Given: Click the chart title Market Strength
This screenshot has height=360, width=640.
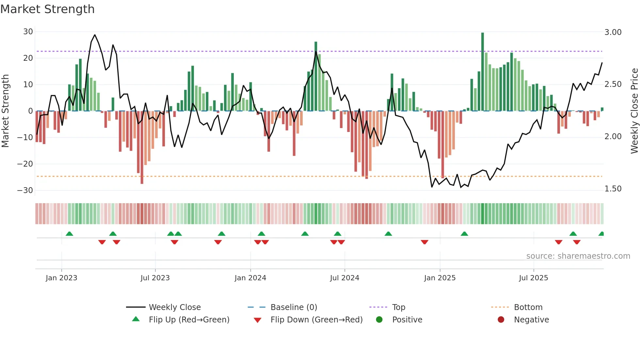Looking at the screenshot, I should coord(47,9).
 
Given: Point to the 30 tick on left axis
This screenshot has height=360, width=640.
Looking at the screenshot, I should coord(28,32).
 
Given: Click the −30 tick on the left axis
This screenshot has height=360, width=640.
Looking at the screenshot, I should coord(25,190).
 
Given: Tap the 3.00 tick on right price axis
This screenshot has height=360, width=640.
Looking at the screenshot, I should coord(613,32).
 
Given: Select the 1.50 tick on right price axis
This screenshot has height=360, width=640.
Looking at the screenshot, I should coord(613,189).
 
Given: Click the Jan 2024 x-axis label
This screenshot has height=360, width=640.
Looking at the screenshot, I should coord(250,278).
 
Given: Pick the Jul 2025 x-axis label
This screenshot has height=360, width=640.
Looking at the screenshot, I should coord(533,278).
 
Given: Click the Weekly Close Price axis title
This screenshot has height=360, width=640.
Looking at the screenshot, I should coord(634,111).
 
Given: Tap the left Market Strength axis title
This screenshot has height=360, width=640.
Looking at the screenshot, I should coord(5,111).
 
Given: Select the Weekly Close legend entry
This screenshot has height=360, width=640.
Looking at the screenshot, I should coord(175,307).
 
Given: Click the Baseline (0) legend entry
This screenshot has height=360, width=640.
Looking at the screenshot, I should coord(294,307).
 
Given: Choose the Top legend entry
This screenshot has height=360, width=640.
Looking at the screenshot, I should coord(398,307).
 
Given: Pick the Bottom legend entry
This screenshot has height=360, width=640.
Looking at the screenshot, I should coord(528,307).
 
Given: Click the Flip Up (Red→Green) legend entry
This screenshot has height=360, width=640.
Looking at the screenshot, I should coord(189,320).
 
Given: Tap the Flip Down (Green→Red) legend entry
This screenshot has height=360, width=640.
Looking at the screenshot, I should coord(316,320).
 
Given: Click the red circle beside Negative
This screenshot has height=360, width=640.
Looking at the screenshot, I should coord(501,320).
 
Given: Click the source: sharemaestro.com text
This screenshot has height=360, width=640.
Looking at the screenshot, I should coord(578,256).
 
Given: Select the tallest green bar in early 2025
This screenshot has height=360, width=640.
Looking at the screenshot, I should coord(482,72).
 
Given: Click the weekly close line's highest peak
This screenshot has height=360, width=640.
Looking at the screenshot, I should coord(95,35).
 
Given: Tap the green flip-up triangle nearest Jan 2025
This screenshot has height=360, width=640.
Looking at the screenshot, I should coord(464,234).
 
